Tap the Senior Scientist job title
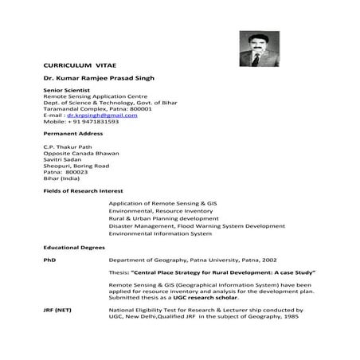tap(63, 91)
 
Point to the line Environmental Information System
tap(159, 233)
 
